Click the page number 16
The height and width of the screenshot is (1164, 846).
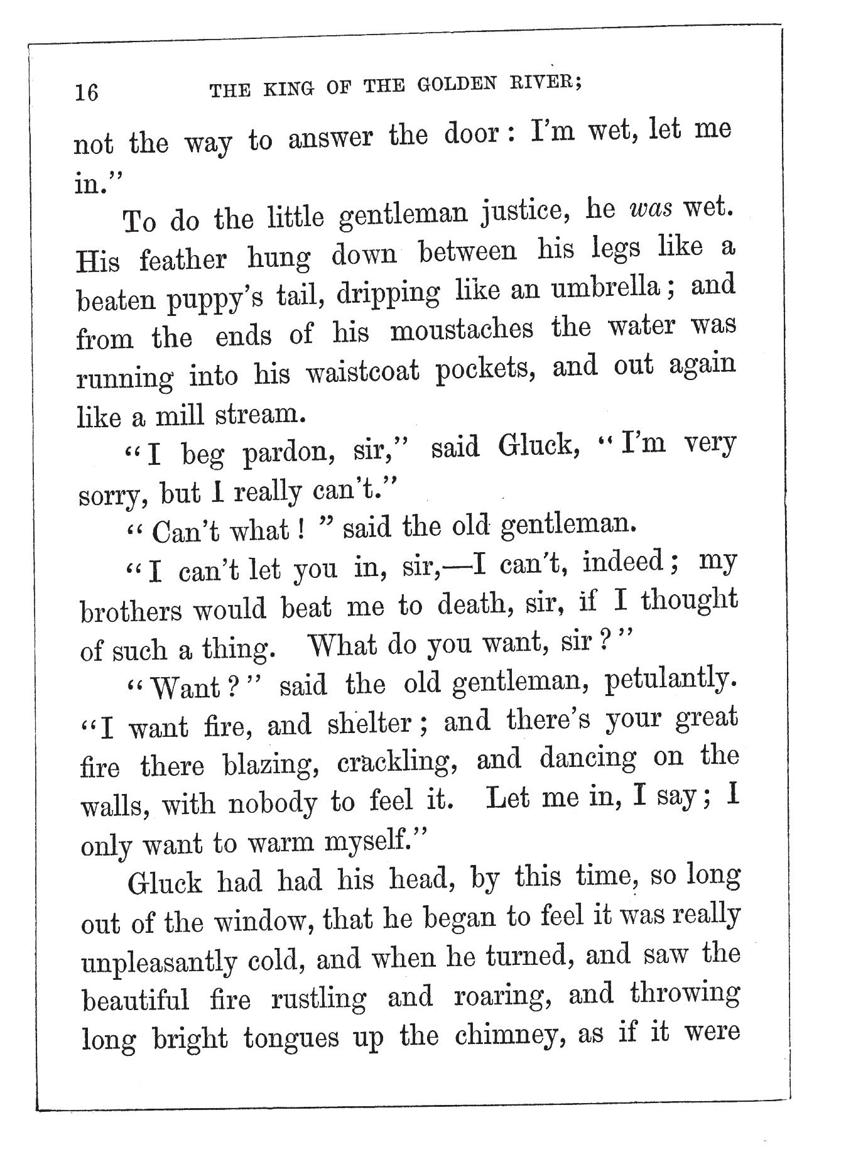pos(87,92)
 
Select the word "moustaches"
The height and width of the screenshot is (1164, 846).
pos(462,329)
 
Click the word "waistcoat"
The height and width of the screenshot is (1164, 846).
pos(362,373)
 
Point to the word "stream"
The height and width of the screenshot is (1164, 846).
pos(259,414)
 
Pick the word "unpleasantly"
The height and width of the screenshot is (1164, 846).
pos(159,962)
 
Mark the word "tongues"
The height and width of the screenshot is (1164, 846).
pos(290,1038)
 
